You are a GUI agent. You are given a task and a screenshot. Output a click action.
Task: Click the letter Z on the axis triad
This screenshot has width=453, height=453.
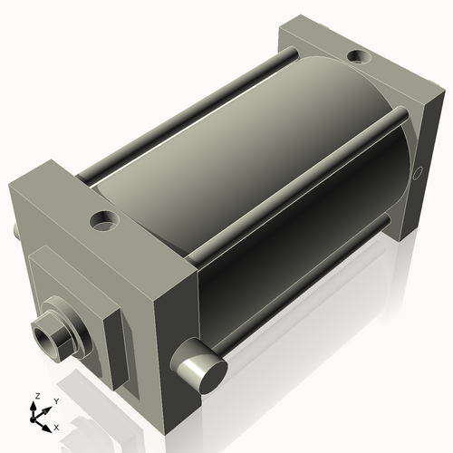click(36, 396)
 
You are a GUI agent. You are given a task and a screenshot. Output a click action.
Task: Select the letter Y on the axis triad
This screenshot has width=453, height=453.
click(55, 400)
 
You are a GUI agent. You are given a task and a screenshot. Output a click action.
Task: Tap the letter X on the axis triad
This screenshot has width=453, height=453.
click(57, 426)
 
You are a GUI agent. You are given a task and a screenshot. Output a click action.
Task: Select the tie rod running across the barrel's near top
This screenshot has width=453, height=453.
click(290, 178)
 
